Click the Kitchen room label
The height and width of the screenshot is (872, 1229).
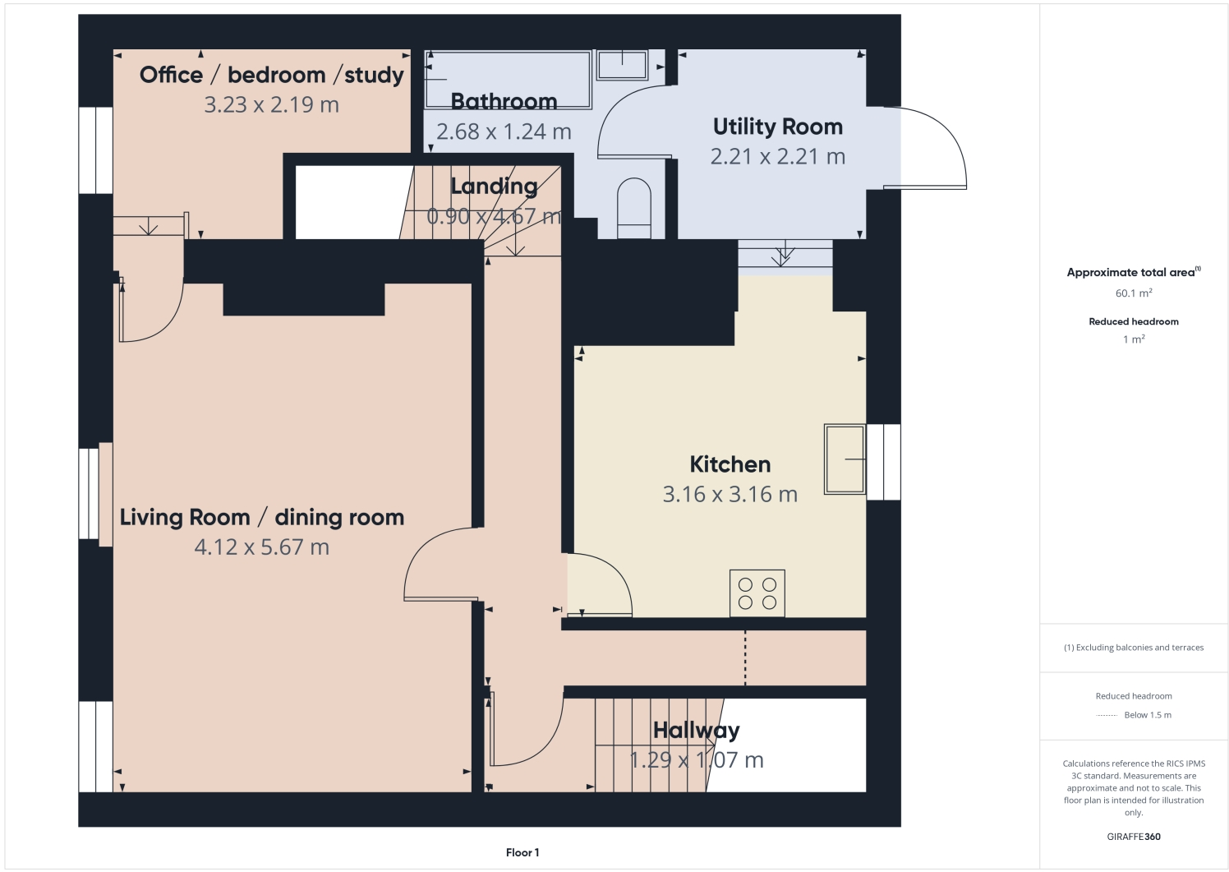point(730,464)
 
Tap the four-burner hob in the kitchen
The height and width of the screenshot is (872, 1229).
point(757,593)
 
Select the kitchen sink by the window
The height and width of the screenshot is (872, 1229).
point(845,459)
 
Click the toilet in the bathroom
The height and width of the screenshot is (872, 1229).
point(633,208)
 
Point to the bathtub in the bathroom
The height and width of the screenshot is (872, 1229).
point(509,79)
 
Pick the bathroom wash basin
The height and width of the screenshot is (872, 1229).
point(622,65)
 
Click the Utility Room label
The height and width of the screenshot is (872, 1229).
point(777,127)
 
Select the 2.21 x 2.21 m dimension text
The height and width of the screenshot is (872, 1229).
point(777,156)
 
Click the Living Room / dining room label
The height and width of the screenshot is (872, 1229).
point(262,517)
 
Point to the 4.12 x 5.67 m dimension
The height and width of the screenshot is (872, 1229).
point(262,547)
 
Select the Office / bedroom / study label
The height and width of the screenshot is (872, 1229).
point(271,75)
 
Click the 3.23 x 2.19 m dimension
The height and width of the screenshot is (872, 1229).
point(271,104)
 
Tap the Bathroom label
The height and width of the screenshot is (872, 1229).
point(504,101)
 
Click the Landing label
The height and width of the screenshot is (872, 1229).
point(494,187)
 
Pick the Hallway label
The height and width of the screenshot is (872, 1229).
point(696,730)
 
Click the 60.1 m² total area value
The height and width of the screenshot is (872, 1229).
point(1133,293)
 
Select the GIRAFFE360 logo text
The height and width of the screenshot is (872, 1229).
point(1133,837)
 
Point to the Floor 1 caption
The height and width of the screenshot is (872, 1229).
point(522,852)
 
